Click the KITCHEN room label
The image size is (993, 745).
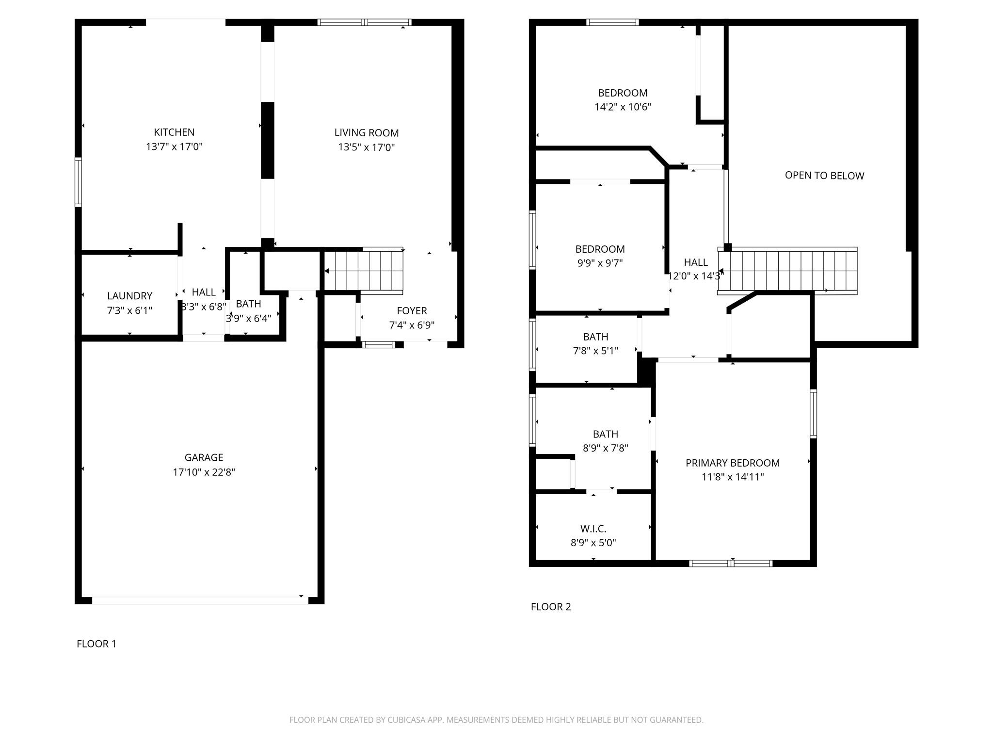[x=174, y=132]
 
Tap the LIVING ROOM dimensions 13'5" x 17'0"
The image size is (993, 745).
[x=366, y=147]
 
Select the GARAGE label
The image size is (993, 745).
[x=204, y=457]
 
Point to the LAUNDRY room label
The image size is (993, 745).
[x=129, y=296]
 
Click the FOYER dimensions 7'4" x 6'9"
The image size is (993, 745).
[x=412, y=325]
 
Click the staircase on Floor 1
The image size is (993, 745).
[x=364, y=270]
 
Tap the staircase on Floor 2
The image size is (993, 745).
[x=787, y=270]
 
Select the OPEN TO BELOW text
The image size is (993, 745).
[x=824, y=176]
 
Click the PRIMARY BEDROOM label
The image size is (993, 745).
[x=732, y=463]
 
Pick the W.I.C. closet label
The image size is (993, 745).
[x=593, y=529]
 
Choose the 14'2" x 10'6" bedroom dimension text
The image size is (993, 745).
[x=623, y=107]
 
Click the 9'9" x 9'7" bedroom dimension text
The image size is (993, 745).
[x=600, y=263]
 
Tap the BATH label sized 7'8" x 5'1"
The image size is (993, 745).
[x=595, y=337]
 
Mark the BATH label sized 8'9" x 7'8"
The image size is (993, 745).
[x=605, y=434]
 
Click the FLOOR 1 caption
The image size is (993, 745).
[x=96, y=644]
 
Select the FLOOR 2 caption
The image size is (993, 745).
[x=551, y=607]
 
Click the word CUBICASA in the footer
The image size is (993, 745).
[x=406, y=720]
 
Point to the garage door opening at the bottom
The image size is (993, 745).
[x=200, y=600]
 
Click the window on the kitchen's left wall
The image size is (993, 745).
[x=78, y=182]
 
